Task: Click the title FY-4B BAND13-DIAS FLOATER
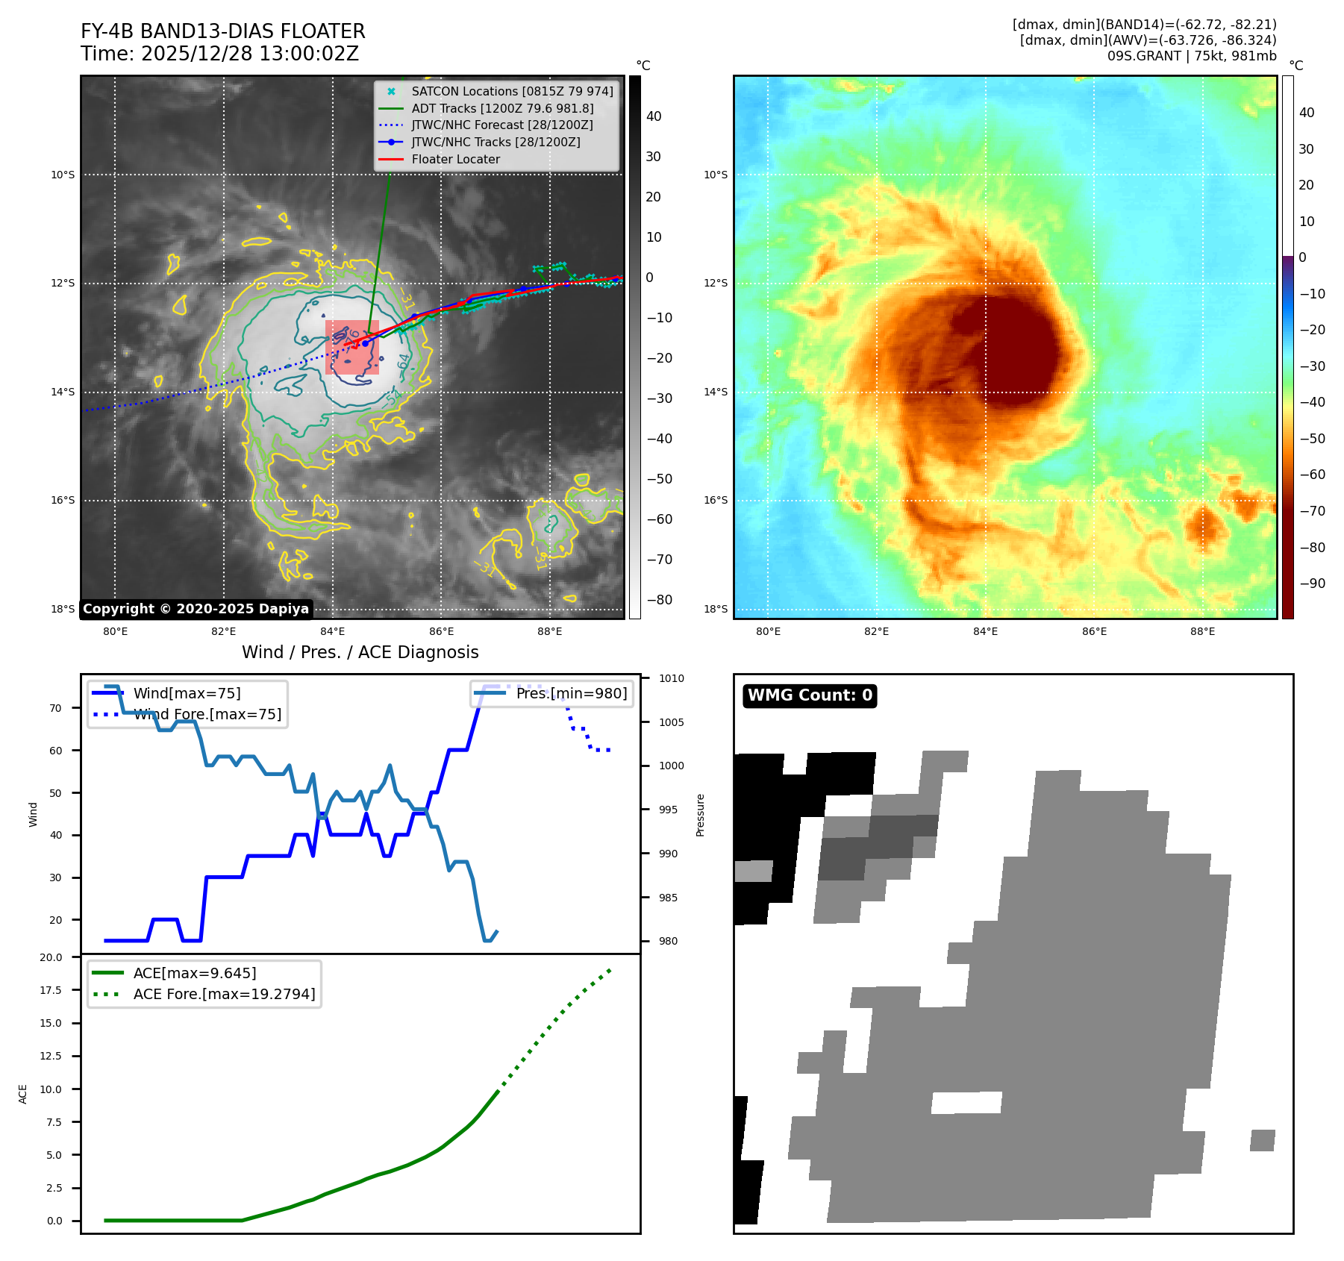[222, 31]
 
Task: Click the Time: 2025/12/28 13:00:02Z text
[219, 54]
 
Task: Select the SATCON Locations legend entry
[512, 91]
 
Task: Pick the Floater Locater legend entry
[455, 159]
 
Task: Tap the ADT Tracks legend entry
[502, 108]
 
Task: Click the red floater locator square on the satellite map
[352, 348]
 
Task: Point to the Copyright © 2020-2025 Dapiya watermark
[196, 609]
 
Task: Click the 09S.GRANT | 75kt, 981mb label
[1191, 56]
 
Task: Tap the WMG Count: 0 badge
[810, 695]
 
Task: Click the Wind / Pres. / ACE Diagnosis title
[360, 652]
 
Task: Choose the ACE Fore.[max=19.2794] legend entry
[224, 994]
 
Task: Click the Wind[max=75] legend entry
[187, 693]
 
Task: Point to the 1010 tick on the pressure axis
[671, 678]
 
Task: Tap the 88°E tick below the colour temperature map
[1202, 631]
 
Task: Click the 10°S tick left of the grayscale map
[63, 175]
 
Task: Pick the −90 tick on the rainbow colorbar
[1312, 583]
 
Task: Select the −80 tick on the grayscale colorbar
[659, 600]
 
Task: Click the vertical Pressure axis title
[700, 815]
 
